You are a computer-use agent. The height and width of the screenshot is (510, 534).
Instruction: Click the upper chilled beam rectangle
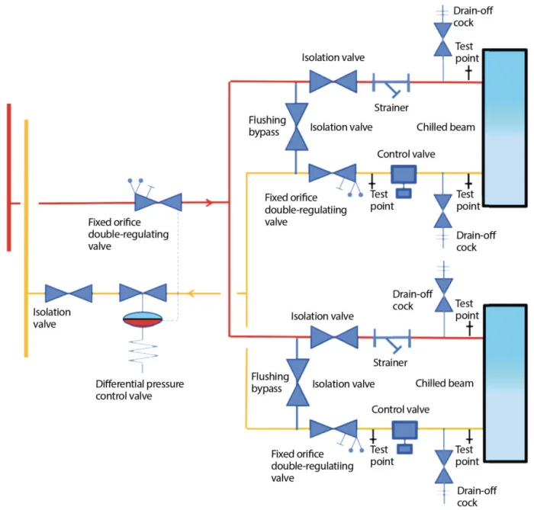(x=504, y=127)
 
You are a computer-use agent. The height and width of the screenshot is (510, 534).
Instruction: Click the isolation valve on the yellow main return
(x=69, y=293)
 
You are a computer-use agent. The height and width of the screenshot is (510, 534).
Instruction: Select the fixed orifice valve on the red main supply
(x=158, y=202)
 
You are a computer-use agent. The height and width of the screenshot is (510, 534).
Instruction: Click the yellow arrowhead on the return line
(x=194, y=293)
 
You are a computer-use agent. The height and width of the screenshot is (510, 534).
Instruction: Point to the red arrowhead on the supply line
(x=210, y=203)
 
